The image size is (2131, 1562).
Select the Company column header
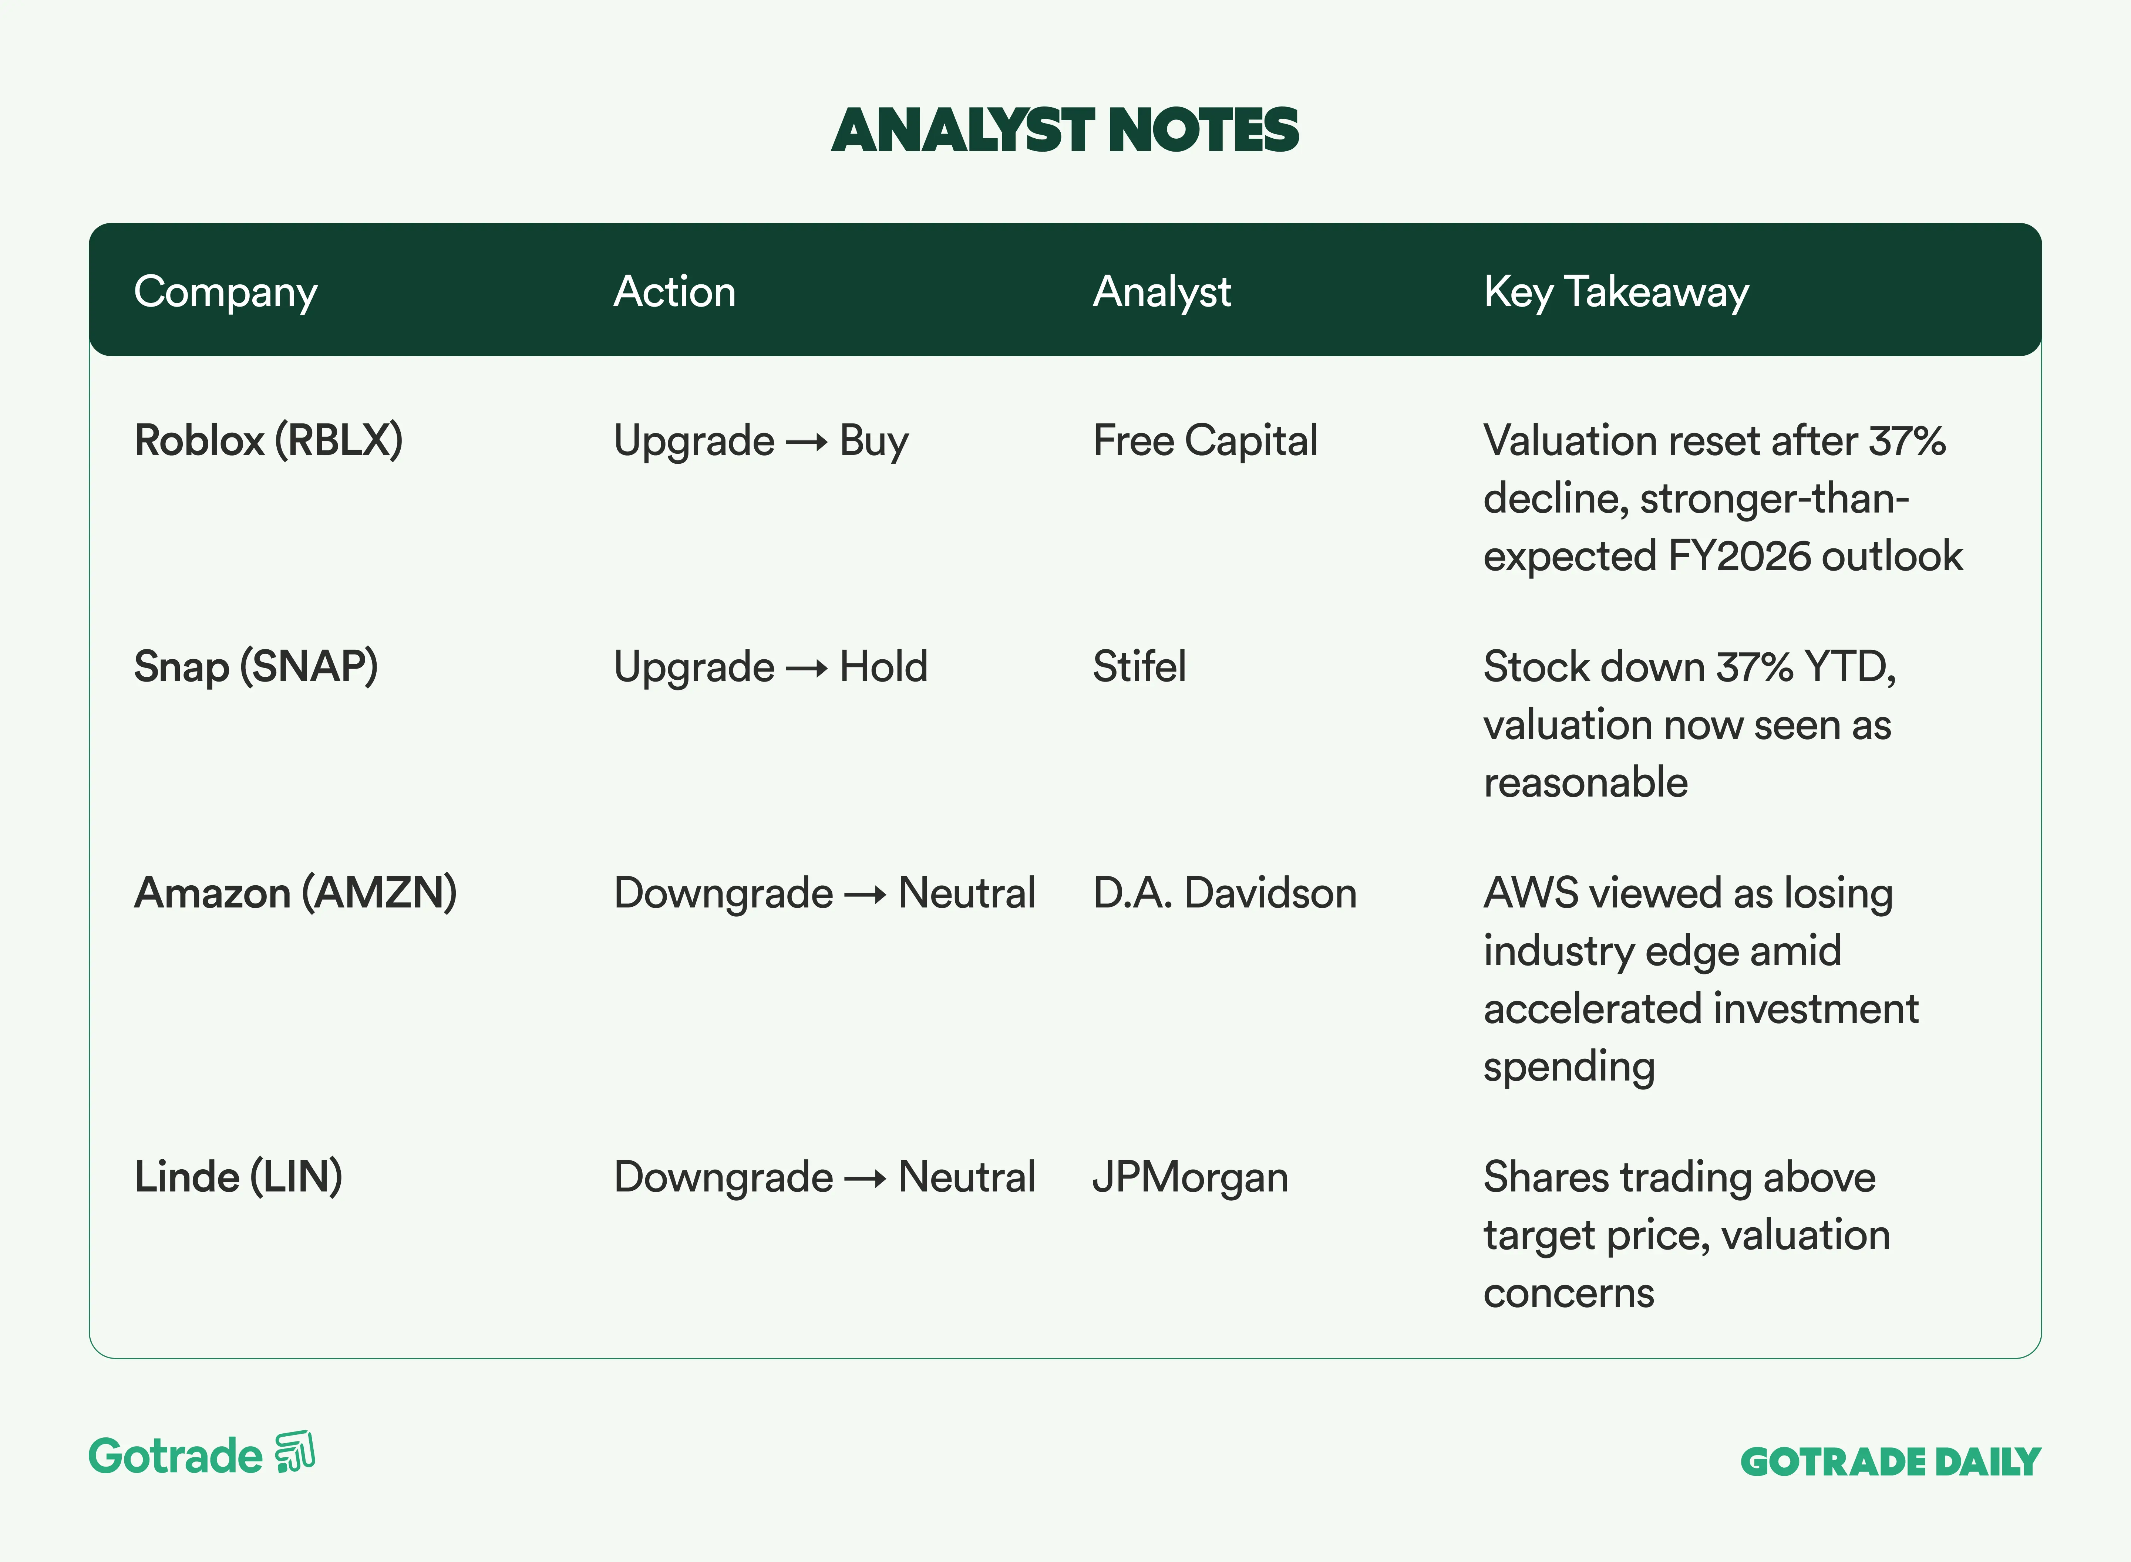(226, 292)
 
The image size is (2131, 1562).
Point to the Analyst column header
(1161, 292)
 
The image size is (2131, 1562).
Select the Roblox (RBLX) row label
(269, 441)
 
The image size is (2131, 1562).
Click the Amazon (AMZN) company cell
(296, 893)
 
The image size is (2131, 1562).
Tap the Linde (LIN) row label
(238, 1177)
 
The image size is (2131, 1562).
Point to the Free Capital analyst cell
(1205, 441)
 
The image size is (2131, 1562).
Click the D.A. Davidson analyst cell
(1225, 893)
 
